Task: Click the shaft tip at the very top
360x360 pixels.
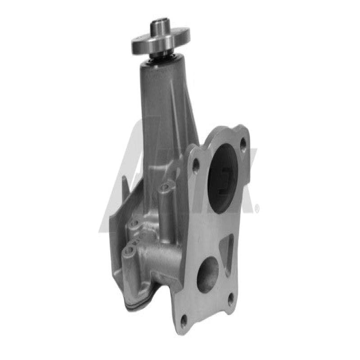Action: tap(160, 21)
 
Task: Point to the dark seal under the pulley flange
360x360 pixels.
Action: tap(162, 56)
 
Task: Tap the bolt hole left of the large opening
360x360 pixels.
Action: tap(196, 166)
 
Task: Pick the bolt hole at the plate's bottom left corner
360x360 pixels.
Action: tap(184, 320)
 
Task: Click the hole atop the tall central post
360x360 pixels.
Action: tap(166, 186)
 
